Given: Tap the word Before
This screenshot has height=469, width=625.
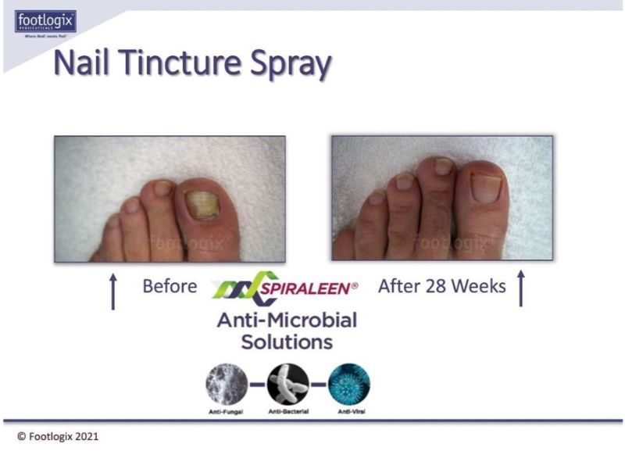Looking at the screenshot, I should coord(170,286).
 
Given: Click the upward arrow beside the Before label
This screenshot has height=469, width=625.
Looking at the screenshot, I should coord(113,291).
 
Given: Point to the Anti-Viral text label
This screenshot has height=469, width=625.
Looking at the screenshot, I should coord(349,410).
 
